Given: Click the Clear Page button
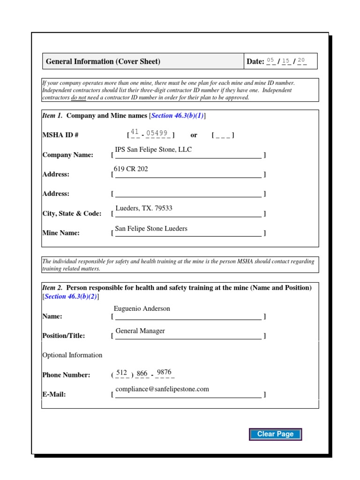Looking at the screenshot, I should pos(275,434).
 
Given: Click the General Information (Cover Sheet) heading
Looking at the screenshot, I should pos(103,61).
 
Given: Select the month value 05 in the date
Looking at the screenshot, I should pos(270,60).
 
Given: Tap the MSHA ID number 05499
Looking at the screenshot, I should pos(157,133).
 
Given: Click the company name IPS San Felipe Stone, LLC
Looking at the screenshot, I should pos(153,150).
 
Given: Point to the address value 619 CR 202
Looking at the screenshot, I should pos(131,169).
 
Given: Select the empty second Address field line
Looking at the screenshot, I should pos(188,194).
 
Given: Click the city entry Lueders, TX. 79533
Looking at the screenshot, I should pos(144,208).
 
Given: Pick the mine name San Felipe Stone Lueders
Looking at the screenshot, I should pos(151,228).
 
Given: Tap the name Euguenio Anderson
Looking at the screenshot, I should pos(142,308).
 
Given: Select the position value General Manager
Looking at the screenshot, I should pos(140,330).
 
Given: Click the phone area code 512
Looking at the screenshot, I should pos(121,372).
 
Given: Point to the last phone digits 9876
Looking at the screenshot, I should pos(164,372).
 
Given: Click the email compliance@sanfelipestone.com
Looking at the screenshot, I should pos(162,389).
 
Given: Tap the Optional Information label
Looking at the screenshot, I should pos(72,355).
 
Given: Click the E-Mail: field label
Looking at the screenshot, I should pos(54,394).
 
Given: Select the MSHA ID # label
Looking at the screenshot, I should pos(60,135).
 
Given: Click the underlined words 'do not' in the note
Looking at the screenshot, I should pos(78,97).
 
